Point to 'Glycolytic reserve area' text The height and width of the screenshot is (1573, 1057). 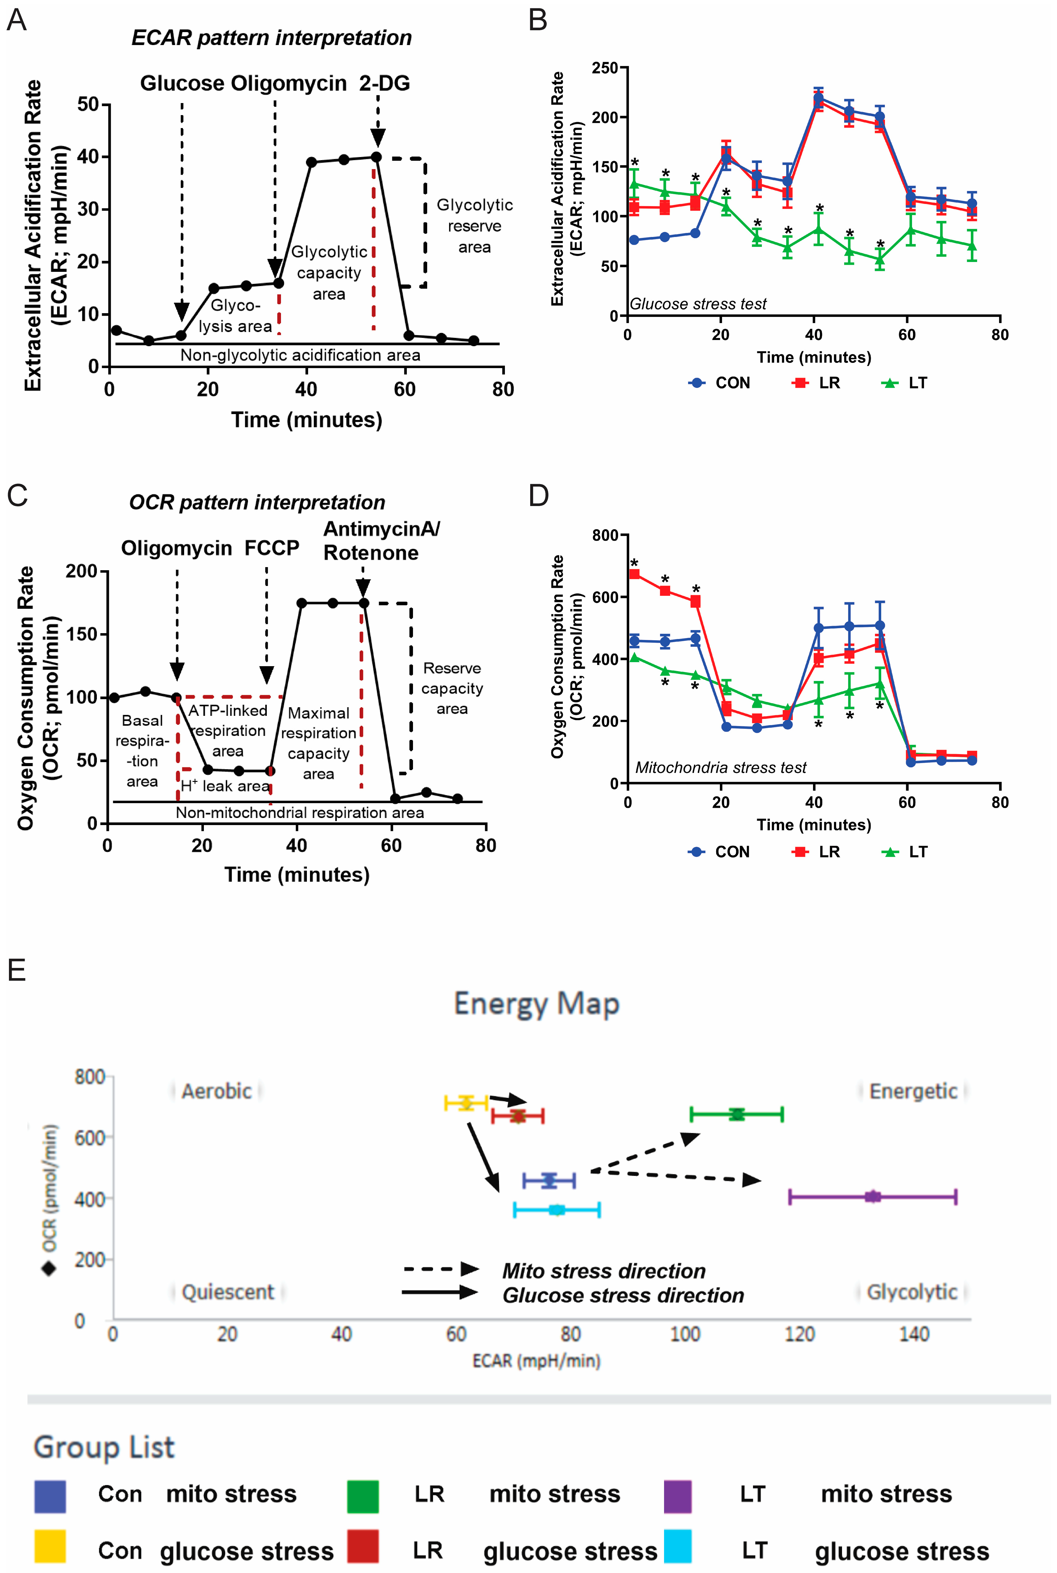point(475,226)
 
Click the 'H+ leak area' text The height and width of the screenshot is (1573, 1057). point(225,786)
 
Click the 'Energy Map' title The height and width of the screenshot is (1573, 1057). point(537,1003)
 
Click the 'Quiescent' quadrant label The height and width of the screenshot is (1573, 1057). point(228,1292)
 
